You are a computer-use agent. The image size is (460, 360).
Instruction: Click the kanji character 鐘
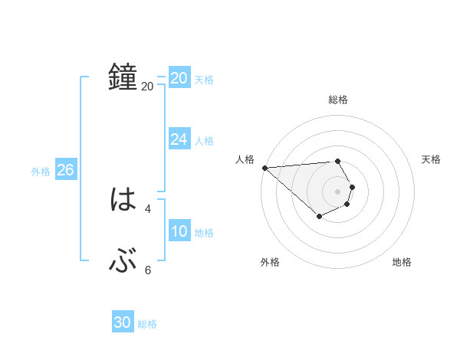pos(123,77)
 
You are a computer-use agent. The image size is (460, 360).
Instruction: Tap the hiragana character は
pos(123,201)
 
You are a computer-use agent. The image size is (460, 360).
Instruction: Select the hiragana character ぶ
pos(123,263)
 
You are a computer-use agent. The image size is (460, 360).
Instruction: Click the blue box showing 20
pos(179,78)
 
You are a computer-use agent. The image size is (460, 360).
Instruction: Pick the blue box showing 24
pos(179,139)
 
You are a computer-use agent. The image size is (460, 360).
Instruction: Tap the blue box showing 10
pos(179,231)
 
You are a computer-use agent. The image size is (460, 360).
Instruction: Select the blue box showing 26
pos(65,170)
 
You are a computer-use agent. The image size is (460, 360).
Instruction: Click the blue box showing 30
pos(123,322)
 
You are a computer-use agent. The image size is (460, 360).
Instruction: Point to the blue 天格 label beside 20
pos(204,80)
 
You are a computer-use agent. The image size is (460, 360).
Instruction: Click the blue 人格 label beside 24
pos(204,141)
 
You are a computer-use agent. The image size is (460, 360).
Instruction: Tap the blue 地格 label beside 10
pos(204,233)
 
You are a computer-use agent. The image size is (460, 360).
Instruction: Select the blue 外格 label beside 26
pos(41,172)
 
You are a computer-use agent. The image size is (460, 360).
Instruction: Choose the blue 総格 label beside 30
pos(147,324)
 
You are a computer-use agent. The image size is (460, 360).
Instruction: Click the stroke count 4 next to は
pos(148,208)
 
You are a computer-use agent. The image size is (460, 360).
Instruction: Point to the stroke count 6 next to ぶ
pos(148,270)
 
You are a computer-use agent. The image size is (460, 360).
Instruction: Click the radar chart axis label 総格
pos(337,100)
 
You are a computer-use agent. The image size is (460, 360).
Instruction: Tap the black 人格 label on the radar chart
pos(245,159)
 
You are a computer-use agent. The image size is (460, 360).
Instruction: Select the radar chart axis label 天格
pos(431,159)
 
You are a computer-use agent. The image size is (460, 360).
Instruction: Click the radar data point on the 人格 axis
pos(264,167)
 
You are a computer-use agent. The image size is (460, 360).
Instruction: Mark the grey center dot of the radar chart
pos(337,191)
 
